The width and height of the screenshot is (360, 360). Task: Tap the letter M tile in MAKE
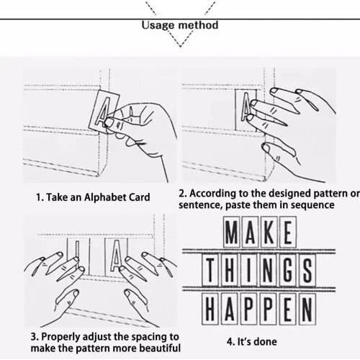point(231,232)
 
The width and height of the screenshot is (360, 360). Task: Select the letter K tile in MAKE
point(269,232)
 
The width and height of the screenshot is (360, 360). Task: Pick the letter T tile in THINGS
point(210,270)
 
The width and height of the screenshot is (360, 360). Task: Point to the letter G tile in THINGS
point(288,270)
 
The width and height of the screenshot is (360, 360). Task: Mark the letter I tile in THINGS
point(249,270)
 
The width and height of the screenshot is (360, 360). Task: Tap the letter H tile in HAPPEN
point(210,309)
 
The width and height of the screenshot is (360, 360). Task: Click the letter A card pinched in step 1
point(104,111)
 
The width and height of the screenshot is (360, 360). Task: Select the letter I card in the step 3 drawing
point(77,256)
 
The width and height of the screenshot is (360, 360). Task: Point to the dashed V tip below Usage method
point(180,47)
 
